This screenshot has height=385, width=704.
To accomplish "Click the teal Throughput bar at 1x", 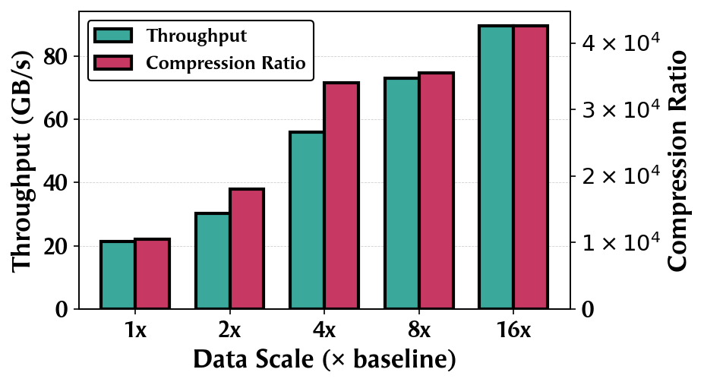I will (x=118, y=275).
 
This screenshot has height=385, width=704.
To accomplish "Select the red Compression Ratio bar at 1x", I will (x=152, y=274).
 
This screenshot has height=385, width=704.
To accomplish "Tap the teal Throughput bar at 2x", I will (x=213, y=261).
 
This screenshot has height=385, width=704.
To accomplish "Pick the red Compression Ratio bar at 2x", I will (x=247, y=249).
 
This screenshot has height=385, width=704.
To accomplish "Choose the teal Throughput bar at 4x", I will (x=307, y=220).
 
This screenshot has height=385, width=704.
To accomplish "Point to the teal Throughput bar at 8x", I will (x=402, y=194).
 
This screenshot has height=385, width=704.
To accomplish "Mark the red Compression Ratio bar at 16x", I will (x=531, y=167).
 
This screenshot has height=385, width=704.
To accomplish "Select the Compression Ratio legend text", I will (x=226, y=63).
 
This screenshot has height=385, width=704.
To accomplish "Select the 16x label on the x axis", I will (x=513, y=331).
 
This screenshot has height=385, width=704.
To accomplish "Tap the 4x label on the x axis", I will (x=324, y=331).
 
